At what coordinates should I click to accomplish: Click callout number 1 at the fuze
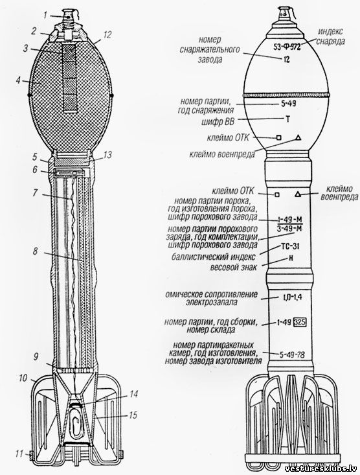45,14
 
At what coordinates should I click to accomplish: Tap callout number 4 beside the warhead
19,81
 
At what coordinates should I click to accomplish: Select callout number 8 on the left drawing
36,251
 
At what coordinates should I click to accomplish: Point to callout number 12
107,35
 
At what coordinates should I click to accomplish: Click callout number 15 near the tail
133,415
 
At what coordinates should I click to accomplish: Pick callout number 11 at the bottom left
19,454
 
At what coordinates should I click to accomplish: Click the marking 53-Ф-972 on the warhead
284,47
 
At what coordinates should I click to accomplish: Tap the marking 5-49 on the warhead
288,104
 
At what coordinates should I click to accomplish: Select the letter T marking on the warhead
287,119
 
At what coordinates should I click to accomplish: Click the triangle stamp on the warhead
298,137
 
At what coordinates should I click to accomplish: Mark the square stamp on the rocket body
277,194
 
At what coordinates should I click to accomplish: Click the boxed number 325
300,321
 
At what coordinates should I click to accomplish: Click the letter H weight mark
291,259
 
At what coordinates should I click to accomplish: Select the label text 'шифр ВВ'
218,121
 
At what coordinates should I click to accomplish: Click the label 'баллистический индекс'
213,257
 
